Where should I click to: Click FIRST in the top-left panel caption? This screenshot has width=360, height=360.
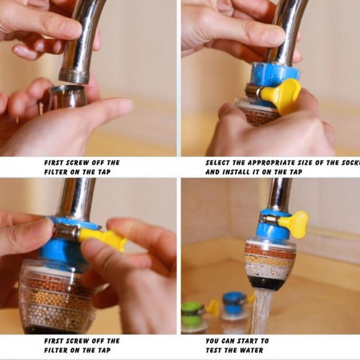pyautogui.click(x=56, y=162)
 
